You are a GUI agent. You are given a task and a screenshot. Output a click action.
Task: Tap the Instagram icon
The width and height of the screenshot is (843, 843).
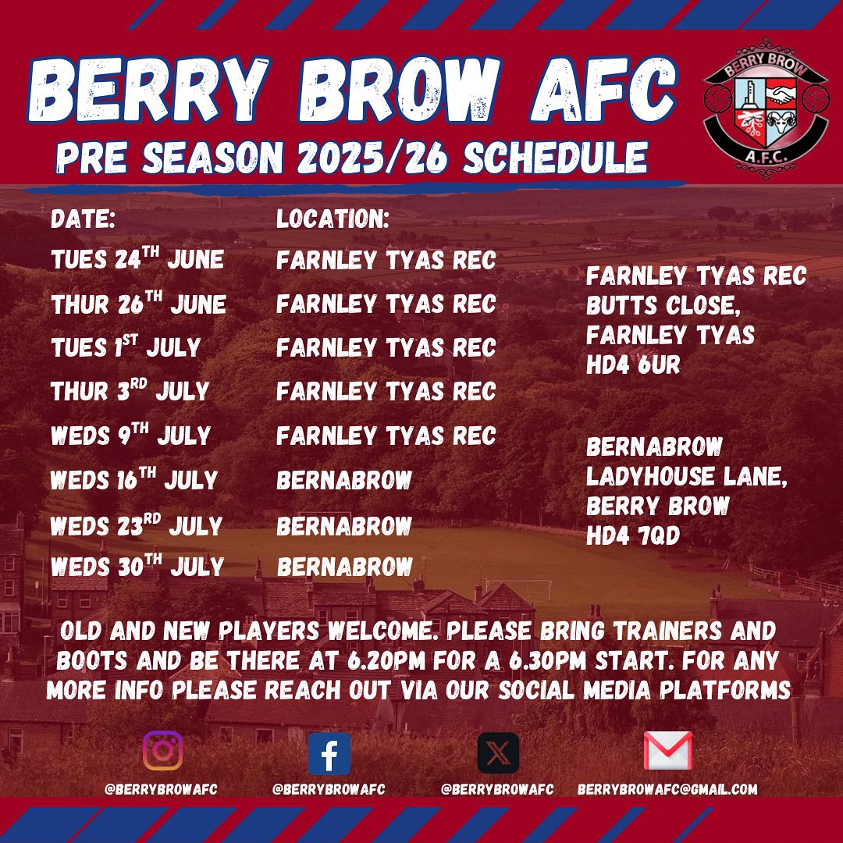(x=162, y=751)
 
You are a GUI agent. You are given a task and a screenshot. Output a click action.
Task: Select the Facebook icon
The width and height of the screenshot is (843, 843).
(x=329, y=753)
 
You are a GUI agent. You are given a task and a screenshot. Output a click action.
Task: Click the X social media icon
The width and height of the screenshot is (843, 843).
(x=497, y=753)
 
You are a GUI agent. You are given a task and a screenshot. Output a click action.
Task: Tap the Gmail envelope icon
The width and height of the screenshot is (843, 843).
(x=667, y=751)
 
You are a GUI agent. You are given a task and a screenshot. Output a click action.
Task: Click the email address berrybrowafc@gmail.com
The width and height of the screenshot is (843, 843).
(x=667, y=789)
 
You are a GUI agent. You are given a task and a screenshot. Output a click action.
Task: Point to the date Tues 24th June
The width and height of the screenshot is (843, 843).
(x=137, y=259)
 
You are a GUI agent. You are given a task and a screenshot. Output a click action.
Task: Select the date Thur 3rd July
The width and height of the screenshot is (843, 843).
(x=130, y=390)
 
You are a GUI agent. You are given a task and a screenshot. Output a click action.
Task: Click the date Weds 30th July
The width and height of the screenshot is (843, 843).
(x=137, y=566)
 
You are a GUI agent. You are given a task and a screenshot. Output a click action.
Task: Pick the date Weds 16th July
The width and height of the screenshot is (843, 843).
(x=133, y=479)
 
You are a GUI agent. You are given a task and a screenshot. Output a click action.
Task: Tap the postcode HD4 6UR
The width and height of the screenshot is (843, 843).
(x=633, y=365)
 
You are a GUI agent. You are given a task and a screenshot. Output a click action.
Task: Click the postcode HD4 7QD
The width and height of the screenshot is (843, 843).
(x=635, y=535)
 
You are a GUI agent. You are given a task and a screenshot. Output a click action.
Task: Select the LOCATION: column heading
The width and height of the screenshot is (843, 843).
(x=333, y=219)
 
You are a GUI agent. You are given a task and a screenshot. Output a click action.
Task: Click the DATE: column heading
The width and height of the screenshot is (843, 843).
(x=83, y=219)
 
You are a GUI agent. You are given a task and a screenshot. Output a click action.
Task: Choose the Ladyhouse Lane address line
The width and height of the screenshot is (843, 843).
(x=687, y=477)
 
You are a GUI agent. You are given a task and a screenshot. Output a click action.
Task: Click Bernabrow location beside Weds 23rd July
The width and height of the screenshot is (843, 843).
(x=344, y=525)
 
